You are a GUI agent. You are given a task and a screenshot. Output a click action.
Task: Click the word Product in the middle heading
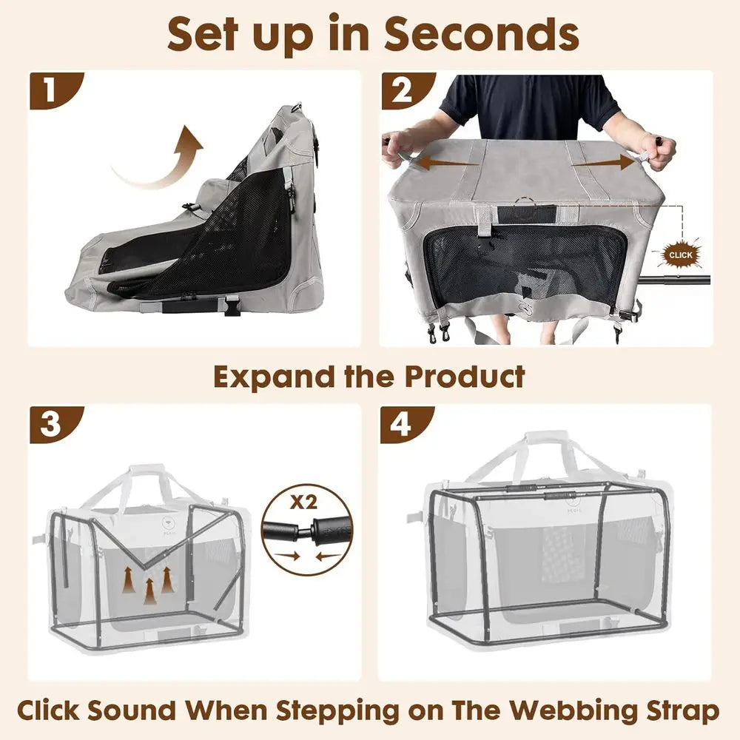(464, 377)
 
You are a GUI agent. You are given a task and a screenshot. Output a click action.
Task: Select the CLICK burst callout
(680, 255)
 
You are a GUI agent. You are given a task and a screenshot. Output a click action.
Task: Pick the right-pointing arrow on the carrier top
(603, 162)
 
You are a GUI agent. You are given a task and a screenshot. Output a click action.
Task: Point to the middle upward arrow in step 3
(150, 590)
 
